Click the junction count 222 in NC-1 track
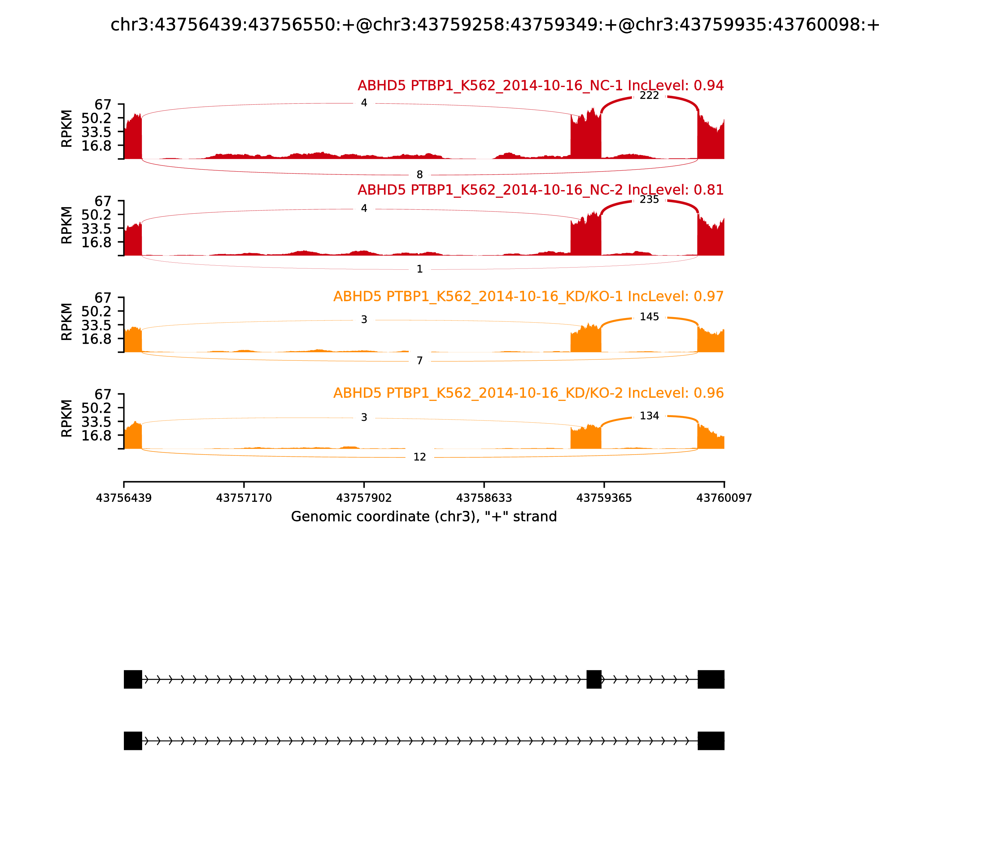(x=649, y=96)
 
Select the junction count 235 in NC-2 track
(x=649, y=200)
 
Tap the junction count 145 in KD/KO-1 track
(x=649, y=317)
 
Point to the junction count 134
(x=649, y=416)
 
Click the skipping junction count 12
(x=420, y=457)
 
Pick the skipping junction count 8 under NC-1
(x=420, y=175)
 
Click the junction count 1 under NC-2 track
(x=420, y=269)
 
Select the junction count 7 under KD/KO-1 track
(x=420, y=361)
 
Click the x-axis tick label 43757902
(x=364, y=498)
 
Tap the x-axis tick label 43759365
(x=604, y=498)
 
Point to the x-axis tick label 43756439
(x=124, y=498)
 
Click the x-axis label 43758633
(x=484, y=498)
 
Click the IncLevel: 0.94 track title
(x=540, y=86)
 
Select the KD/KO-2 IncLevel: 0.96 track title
(x=528, y=393)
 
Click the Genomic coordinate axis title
(x=424, y=517)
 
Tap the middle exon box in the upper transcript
(x=594, y=679)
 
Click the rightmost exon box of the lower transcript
(x=711, y=741)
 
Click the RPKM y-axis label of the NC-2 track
(x=67, y=225)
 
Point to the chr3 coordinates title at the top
(x=495, y=25)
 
